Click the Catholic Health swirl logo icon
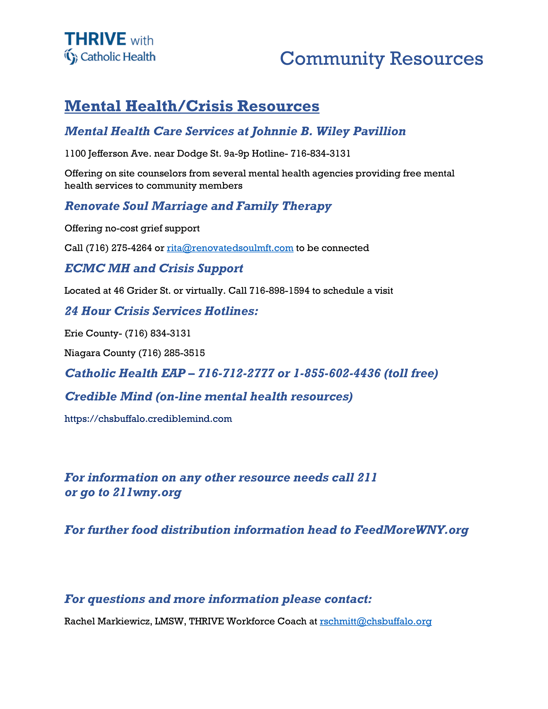pyautogui.click(x=71, y=56)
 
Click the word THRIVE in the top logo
pyautogui.click(x=95, y=39)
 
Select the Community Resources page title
pyautogui.click(x=381, y=59)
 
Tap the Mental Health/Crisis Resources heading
pyautogui.click(x=191, y=106)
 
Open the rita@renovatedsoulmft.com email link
pyautogui.click(x=230, y=248)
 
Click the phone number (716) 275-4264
pyautogui.click(x=119, y=248)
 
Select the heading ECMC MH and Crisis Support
pyautogui.click(x=153, y=268)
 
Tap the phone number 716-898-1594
pyautogui.click(x=279, y=291)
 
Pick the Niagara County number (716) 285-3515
pyautogui.click(x=171, y=353)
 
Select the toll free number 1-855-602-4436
pyautogui.click(x=337, y=373)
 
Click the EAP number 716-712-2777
pyautogui.click(x=236, y=373)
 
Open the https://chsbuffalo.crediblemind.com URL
pyautogui.click(x=148, y=419)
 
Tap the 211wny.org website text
pyautogui.click(x=147, y=492)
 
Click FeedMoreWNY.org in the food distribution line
pyautogui.click(x=411, y=530)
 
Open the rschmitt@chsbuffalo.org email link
pyautogui.click(x=375, y=621)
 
